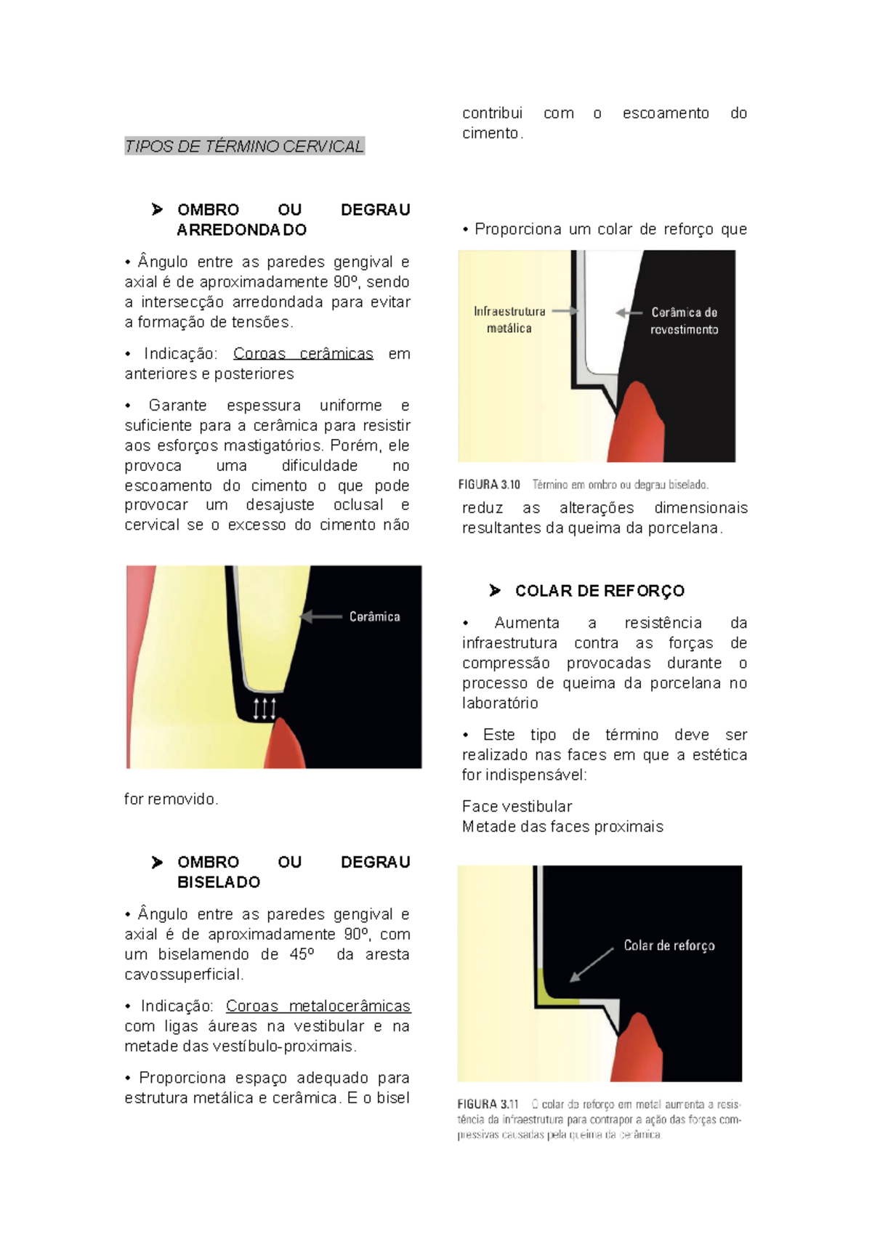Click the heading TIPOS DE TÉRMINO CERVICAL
244,146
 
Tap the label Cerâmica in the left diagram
374,617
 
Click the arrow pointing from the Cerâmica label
320,617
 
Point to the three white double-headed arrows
264,708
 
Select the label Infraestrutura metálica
509,320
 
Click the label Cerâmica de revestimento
684,320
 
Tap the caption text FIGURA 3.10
489,485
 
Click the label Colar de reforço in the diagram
669,945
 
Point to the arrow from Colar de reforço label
592,964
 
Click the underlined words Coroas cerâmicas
303,354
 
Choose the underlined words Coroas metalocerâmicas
318,1007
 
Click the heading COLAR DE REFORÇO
599,591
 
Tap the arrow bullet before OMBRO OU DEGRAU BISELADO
157,863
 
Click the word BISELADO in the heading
219,882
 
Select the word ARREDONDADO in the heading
241,230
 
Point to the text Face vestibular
517,807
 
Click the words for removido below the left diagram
171,799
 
